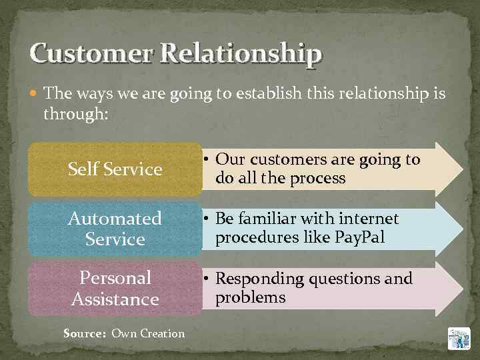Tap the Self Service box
pos(115,169)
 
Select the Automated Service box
pos(115,229)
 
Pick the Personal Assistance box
pos(115,288)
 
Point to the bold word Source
pos(85,333)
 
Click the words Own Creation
pos(148,333)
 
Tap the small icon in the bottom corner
pos(459,339)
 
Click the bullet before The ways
pos(35,95)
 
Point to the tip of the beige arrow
pos(459,168)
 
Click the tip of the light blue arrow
pos(459,228)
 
